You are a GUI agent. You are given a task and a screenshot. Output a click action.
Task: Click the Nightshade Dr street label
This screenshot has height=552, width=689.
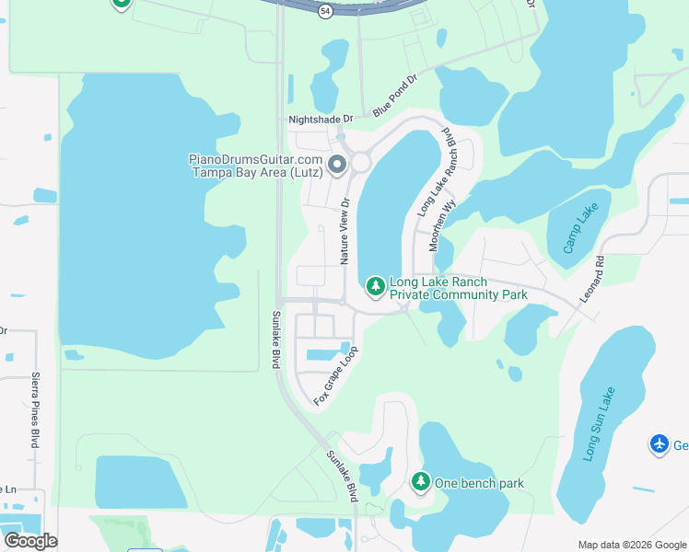[x=321, y=120]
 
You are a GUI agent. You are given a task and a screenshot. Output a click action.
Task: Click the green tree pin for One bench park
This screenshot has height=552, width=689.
[x=420, y=481]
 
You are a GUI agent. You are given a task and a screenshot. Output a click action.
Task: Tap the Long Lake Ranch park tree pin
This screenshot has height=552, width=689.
[x=375, y=287]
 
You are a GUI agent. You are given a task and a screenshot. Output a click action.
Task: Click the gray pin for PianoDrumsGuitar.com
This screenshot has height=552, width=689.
[x=336, y=166]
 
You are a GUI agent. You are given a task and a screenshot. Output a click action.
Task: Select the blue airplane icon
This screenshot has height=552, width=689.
[x=659, y=444]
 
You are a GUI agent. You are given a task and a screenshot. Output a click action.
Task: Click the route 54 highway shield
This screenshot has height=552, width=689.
[x=325, y=10]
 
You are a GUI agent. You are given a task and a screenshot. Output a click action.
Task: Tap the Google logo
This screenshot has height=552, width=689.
[x=30, y=540]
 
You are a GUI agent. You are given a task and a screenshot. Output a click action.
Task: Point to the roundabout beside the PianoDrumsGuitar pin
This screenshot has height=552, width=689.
[x=360, y=163]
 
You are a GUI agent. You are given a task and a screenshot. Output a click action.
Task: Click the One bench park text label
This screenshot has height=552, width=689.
[x=479, y=483]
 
